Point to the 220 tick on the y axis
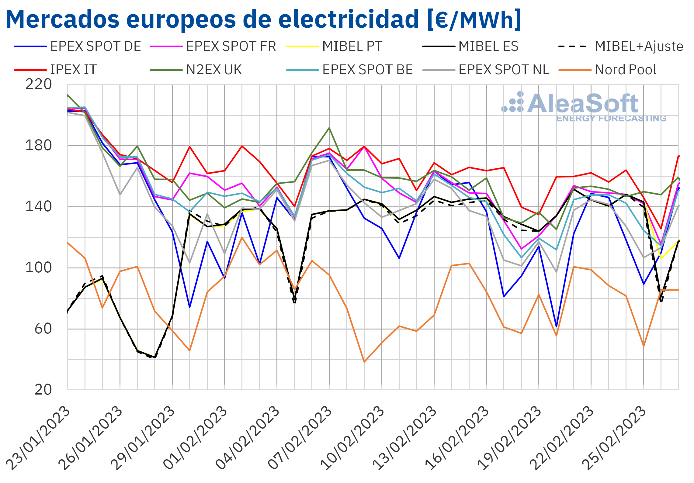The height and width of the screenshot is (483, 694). [x=39, y=85]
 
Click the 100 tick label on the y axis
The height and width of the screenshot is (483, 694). [x=39, y=268]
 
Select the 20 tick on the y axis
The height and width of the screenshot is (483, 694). [x=43, y=390]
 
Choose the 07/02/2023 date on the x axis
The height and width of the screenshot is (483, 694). [x=300, y=438]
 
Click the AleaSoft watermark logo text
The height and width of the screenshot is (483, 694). [x=582, y=103]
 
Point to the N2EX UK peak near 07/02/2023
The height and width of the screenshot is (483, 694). [x=329, y=128]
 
